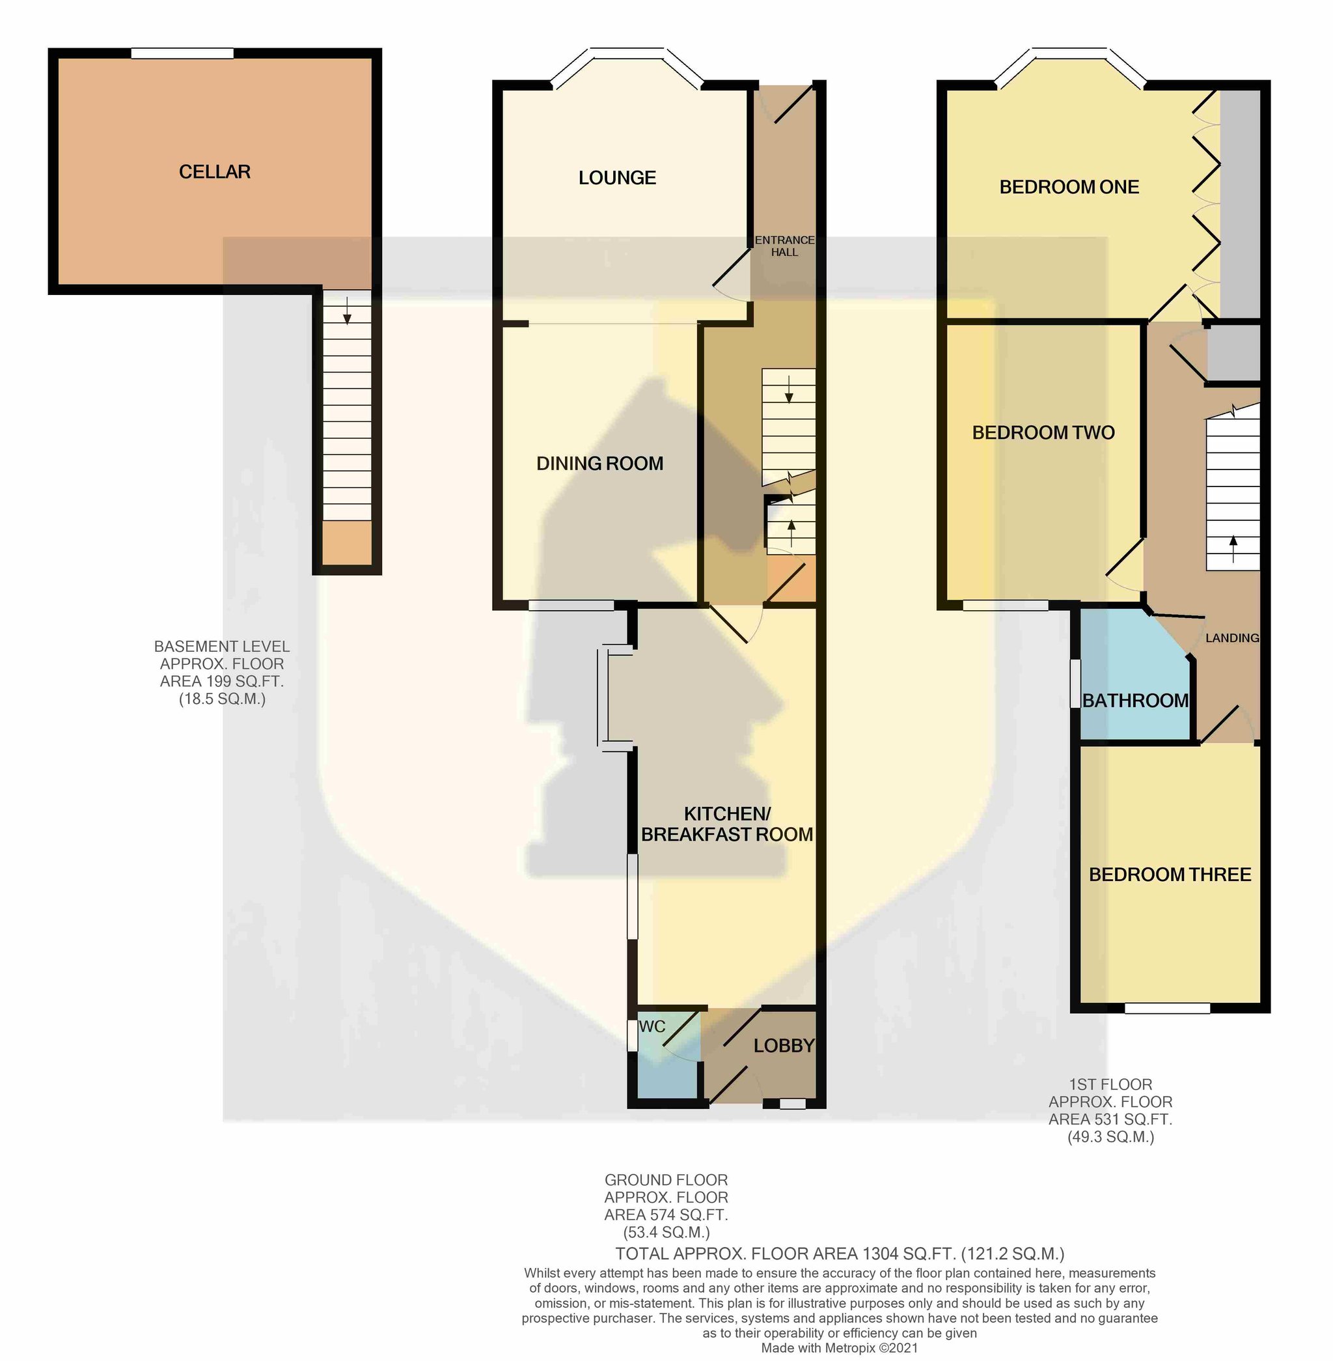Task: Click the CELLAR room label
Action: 214,172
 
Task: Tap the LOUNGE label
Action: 617,178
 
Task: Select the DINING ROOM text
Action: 599,463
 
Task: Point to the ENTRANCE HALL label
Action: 784,246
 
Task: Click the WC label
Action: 652,1027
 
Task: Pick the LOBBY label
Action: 784,1046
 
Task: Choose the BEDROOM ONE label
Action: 1069,187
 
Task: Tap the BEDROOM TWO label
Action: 1043,433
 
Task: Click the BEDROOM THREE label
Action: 1170,874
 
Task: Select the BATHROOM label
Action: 1135,701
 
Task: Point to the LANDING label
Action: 1232,638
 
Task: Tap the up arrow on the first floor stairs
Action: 1233,549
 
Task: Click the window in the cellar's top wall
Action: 182,53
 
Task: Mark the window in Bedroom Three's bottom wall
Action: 1167,1009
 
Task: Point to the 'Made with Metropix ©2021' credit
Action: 840,1347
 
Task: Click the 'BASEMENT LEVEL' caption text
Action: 221,647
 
